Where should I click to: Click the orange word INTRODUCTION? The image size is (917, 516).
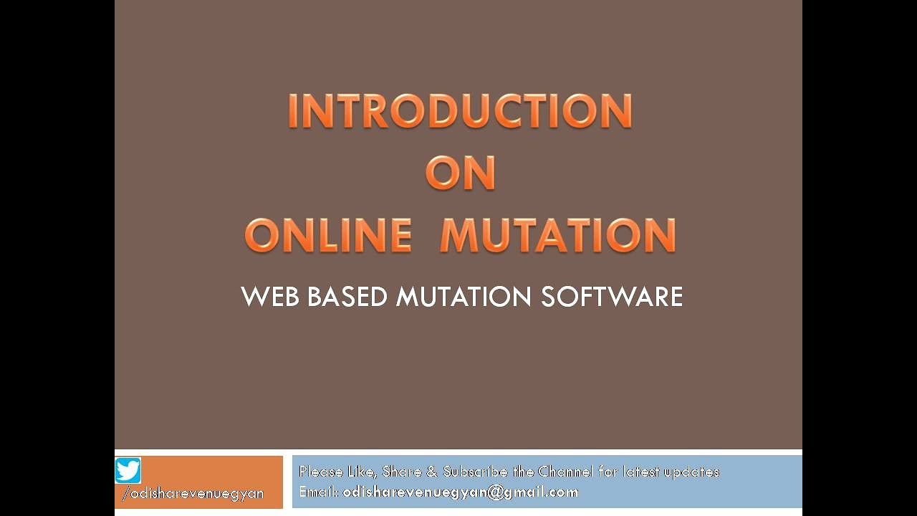pyautogui.click(x=459, y=111)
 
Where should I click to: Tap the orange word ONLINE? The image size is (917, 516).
pyautogui.click(x=329, y=235)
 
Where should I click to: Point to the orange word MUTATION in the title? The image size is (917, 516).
pyautogui.click(x=558, y=235)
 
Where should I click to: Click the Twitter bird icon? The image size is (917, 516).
pyautogui.click(x=128, y=471)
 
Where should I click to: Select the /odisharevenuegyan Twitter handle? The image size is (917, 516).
pyautogui.click(x=193, y=494)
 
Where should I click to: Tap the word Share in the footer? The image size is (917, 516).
pyautogui.click(x=402, y=472)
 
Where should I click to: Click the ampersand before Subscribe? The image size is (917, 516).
pyautogui.click(x=432, y=472)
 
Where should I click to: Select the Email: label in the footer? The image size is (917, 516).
pyautogui.click(x=319, y=492)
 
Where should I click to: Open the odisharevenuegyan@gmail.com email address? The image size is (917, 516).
pyautogui.click(x=461, y=492)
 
